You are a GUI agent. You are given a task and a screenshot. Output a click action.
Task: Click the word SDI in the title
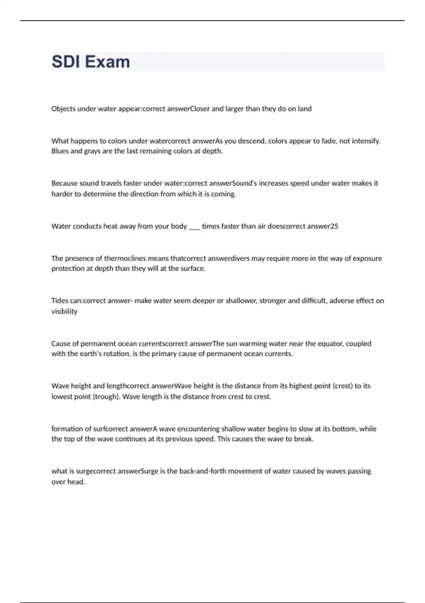[x=66, y=62]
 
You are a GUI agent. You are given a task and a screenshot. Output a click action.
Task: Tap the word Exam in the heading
[x=107, y=62]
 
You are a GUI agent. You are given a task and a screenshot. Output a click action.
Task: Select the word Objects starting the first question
[x=63, y=109]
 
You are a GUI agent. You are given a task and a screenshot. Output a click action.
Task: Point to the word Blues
[x=60, y=151]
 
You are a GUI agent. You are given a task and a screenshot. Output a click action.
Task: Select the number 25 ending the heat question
[x=334, y=226]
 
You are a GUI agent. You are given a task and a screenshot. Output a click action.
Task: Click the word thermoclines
[x=125, y=258]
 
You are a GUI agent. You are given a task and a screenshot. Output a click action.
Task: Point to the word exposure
[x=368, y=258]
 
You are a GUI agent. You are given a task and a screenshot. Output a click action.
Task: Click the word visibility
[x=64, y=311]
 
